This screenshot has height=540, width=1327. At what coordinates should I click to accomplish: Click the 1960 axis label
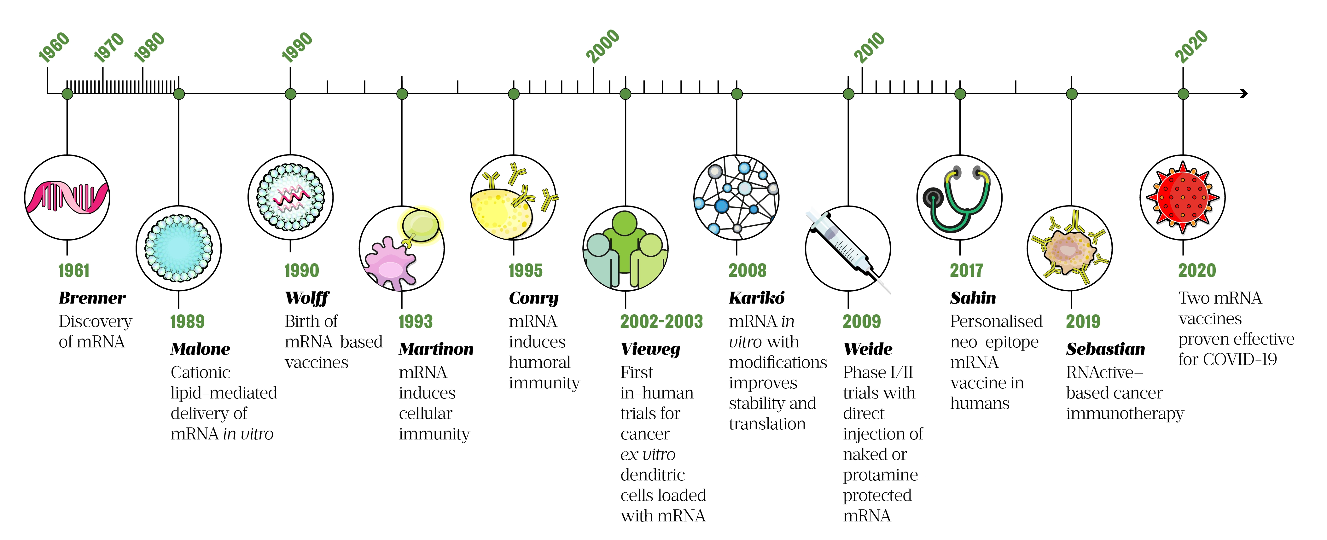(x=54, y=47)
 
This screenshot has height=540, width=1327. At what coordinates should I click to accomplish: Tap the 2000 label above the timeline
(x=603, y=46)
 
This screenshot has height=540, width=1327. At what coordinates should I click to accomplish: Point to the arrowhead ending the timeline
(x=1243, y=93)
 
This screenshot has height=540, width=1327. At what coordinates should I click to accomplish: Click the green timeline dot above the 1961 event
(x=67, y=94)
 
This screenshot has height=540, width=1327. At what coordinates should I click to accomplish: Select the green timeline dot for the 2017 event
(x=960, y=94)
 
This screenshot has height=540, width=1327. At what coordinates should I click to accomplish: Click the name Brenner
(x=92, y=298)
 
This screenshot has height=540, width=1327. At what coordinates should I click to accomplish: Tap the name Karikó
(x=757, y=298)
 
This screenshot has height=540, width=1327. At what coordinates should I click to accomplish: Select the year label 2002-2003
(x=661, y=322)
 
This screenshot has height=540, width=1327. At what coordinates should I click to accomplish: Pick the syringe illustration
(x=848, y=249)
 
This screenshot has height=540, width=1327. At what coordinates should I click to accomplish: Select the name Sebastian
(x=1105, y=349)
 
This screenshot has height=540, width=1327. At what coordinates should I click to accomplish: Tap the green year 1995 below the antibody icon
(x=526, y=270)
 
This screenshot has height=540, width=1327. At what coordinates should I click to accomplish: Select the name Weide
(x=868, y=349)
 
